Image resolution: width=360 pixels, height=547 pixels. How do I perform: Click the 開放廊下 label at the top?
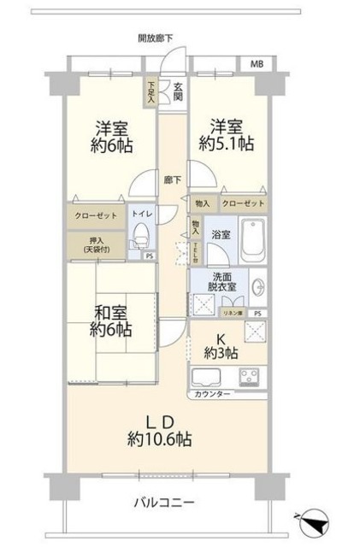[x=156, y=38]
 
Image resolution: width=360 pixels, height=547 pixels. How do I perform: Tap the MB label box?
[x=257, y=64]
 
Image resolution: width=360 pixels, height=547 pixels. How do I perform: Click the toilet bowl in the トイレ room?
[x=140, y=236]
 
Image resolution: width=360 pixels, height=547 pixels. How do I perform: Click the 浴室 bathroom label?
[x=221, y=232]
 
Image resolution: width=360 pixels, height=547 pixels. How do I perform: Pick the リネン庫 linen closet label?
[x=232, y=314]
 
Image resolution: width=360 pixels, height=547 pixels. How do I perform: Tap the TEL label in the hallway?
[x=194, y=252]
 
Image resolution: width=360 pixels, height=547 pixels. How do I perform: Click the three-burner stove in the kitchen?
[x=251, y=377]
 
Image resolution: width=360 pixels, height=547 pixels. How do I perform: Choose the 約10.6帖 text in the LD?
[x=162, y=439]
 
